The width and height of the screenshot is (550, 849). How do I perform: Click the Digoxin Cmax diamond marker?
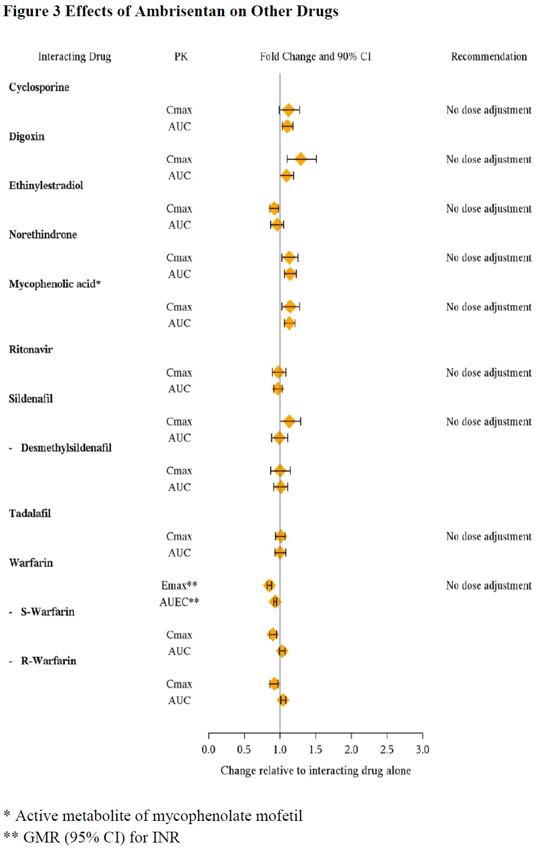coord(300,159)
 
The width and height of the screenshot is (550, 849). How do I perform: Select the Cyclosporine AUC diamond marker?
coord(287,126)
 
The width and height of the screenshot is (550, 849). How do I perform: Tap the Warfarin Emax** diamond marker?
coord(269,585)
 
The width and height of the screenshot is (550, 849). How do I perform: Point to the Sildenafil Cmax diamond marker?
coord(290,422)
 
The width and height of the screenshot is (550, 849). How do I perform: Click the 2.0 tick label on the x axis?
coord(351,750)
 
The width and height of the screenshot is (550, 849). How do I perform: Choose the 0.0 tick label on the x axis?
coord(209,750)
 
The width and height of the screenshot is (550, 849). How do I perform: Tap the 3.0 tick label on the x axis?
coord(422,750)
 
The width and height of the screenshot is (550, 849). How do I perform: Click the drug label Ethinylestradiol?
coord(46,185)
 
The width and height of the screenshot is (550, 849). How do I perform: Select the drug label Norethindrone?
coord(43,235)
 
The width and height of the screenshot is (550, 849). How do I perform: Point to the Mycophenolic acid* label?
coord(55,284)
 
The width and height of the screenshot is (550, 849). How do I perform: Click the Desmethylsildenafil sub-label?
coord(66,447)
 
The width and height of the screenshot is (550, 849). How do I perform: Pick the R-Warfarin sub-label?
coord(48,660)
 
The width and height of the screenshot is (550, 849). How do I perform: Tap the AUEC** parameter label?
coord(179,602)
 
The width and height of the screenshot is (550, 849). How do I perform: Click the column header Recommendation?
coord(489,57)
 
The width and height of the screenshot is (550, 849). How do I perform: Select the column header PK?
coord(181,57)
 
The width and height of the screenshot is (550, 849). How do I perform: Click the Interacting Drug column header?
coord(75,57)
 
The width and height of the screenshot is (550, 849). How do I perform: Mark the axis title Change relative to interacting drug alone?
coord(316,771)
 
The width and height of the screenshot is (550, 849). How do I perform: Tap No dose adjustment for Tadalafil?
coord(489,537)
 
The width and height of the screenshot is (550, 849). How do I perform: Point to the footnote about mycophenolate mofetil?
coord(153,815)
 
